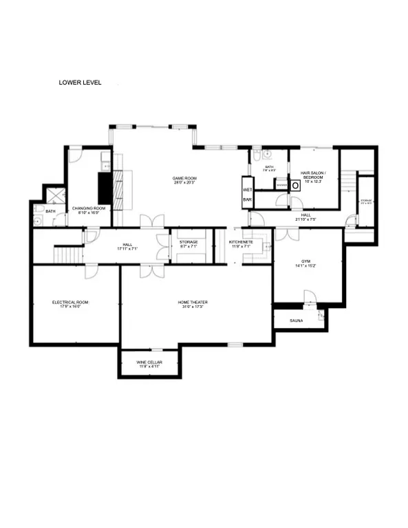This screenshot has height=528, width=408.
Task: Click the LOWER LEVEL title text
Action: [x=80, y=82]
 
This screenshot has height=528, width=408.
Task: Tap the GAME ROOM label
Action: [x=184, y=178]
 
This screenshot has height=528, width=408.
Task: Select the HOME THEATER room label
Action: [x=193, y=302]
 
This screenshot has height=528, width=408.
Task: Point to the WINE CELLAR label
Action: [x=149, y=362]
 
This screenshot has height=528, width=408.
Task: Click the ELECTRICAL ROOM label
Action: [x=70, y=302]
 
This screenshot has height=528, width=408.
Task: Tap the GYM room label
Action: [x=306, y=261]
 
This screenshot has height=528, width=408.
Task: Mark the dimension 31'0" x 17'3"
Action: [x=193, y=307]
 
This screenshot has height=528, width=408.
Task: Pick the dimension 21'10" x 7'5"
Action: [x=305, y=219]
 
